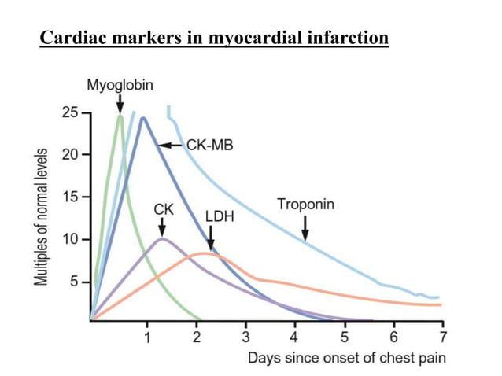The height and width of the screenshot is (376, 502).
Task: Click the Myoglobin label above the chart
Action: [120, 84]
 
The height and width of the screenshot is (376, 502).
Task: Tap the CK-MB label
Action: [209, 146]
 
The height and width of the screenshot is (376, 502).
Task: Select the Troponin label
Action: [305, 205]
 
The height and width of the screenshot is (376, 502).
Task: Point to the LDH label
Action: [220, 215]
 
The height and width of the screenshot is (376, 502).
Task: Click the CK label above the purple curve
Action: [163, 210]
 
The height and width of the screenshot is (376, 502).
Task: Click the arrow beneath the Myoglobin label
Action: [120, 103]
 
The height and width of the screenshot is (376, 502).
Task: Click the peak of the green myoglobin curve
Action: [120, 116]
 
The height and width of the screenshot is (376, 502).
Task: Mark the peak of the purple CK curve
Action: [161, 238]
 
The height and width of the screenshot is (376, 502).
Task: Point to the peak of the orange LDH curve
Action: [206, 253]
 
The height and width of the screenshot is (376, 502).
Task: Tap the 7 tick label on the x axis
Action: [443, 337]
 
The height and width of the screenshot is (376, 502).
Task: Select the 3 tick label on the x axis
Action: [245, 337]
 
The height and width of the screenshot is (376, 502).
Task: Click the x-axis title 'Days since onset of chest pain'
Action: [346, 358]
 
